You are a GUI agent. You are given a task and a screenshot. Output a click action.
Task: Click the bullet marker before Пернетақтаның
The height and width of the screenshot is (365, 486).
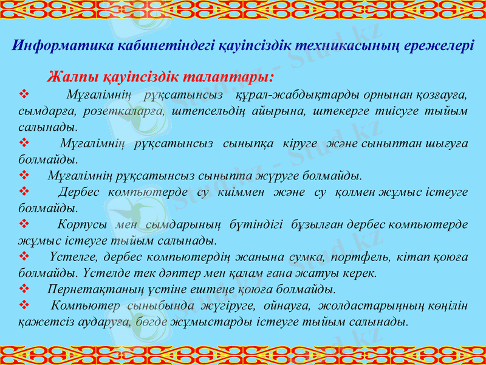coord(24,288)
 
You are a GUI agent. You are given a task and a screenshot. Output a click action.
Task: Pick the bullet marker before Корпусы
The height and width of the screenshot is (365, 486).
coord(24,224)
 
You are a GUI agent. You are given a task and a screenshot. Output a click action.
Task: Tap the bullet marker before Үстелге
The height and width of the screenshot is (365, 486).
coord(24,256)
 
